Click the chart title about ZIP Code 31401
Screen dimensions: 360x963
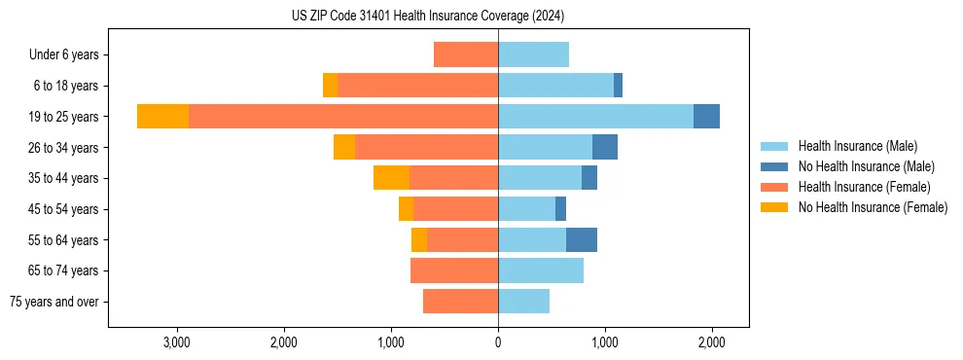pyautogui.click(x=428, y=17)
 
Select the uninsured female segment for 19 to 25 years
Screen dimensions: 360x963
pyautogui.click(x=162, y=116)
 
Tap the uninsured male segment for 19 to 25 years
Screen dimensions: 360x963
pyautogui.click(x=706, y=116)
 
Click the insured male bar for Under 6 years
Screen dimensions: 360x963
pyautogui.click(x=533, y=54)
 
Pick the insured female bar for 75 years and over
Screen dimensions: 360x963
pyautogui.click(x=460, y=302)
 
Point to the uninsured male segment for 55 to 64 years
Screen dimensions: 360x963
pyautogui.click(x=582, y=239)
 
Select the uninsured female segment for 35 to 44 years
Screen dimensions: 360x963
pyautogui.click(x=391, y=178)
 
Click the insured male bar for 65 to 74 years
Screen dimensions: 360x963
pyautogui.click(x=541, y=270)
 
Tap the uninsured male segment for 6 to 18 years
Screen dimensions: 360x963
pyautogui.click(x=618, y=86)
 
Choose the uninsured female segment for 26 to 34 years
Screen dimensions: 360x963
pyautogui.click(x=344, y=147)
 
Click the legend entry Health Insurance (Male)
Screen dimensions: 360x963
pyautogui.click(x=857, y=146)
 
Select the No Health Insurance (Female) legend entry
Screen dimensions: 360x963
pyautogui.click(x=873, y=207)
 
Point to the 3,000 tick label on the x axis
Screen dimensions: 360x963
pyautogui.click(x=176, y=342)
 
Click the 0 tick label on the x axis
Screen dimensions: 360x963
pyautogui.click(x=498, y=342)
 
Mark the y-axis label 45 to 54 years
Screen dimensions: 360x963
pyautogui.click(x=63, y=209)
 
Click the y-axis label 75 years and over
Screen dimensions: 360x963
pyautogui.click(x=54, y=302)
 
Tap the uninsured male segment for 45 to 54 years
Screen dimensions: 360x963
pyautogui.click(x=560, y=208)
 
